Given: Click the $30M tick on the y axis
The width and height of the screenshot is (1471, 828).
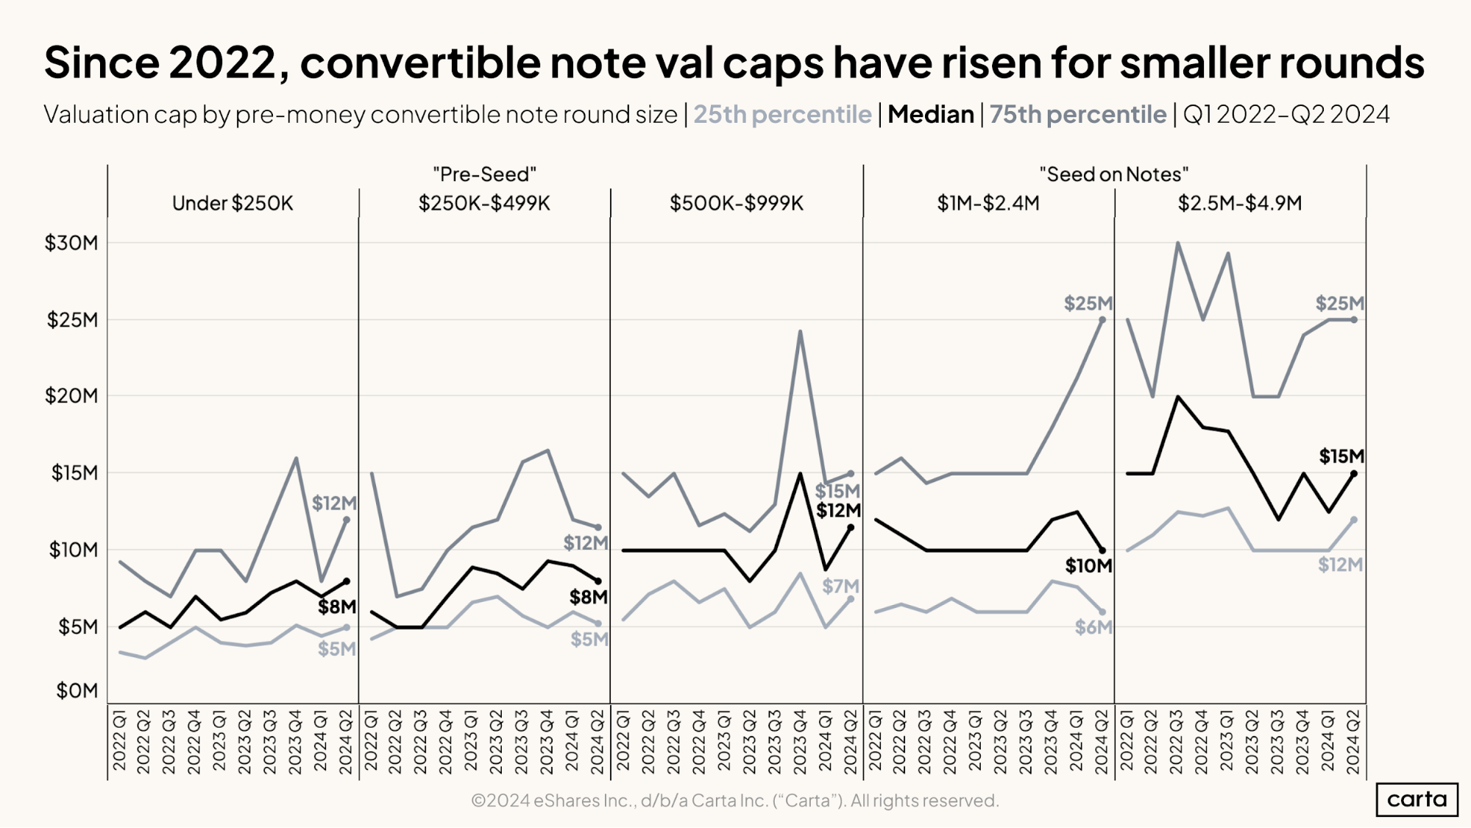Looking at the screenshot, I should (x=71, y=243).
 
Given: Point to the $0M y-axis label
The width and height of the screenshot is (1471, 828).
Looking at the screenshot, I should (x=77, y=691).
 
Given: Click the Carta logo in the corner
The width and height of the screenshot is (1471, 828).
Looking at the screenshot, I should (x=1417, y=799).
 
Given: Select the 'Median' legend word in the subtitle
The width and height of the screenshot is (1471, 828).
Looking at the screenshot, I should (x=931, y=115).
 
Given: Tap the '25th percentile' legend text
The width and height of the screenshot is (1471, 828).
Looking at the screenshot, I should (x=782, y=115).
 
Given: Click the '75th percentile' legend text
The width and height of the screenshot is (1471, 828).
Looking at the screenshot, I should (x=1078, y=115).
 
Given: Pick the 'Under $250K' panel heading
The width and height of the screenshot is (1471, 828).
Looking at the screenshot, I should (x=233, y=203).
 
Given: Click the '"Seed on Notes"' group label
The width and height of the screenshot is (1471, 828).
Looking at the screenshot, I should (x=1114, y=174).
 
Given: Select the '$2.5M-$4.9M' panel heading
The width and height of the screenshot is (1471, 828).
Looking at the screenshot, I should (x=1240, y=203).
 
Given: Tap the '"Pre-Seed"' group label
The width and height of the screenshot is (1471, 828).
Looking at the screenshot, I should (x=484, y=174).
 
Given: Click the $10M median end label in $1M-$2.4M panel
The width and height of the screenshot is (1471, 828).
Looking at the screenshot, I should (x=1088, y=566).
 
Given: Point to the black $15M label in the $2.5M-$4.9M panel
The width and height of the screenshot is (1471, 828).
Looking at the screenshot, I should (x=1341, y=456).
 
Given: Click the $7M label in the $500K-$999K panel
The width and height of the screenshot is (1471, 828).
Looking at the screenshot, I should (x=840, y=587).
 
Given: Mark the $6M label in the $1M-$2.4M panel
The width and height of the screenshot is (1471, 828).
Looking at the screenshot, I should (x=1093, y=628).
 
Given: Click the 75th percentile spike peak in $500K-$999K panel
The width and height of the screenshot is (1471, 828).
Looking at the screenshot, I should (x=800, y=331).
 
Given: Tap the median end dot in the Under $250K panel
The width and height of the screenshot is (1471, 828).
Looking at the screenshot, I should (x=347, y=581).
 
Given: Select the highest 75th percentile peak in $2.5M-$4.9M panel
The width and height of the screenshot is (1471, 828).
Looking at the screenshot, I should (x=1178, y=243).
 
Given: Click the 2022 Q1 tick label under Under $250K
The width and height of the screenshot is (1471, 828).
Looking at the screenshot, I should (x=119, y=740).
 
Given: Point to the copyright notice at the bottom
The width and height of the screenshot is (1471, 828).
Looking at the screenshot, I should (x=734, y=801).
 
